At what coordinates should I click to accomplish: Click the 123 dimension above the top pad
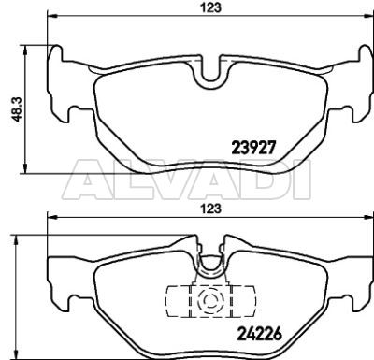coord(210,7)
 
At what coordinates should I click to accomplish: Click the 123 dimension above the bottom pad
coord(210,209)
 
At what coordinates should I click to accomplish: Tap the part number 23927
coord(253,148)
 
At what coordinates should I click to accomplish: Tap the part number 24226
coord(259,334)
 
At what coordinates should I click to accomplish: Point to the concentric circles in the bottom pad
coord(209,300)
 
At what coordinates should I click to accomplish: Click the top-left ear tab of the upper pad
coord(56,53)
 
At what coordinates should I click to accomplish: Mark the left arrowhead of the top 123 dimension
coord(51,15)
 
